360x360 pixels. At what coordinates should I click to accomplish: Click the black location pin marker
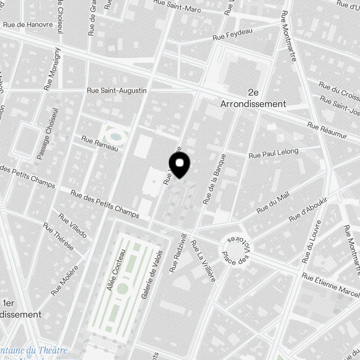click(x=179, y=165)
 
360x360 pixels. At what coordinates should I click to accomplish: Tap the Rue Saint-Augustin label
click(x=117, y=90)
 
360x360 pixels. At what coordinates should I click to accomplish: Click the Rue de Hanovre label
click(x=28, y=25)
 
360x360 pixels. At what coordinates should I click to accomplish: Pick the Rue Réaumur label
click(x=327, y=130)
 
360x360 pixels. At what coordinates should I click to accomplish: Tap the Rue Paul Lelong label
click(x=274, y=153)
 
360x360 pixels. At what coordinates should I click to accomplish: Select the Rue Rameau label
click(x=100, y=143)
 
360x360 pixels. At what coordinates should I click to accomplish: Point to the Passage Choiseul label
click(x=47, y=134)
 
